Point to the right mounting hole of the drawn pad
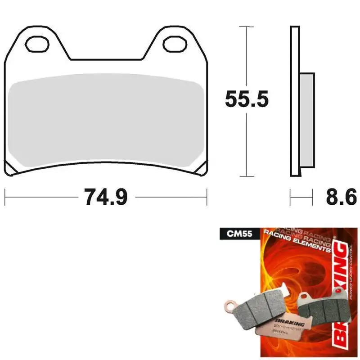[173, 44]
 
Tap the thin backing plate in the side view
[294, 101]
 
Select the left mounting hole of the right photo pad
[304, 297]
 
